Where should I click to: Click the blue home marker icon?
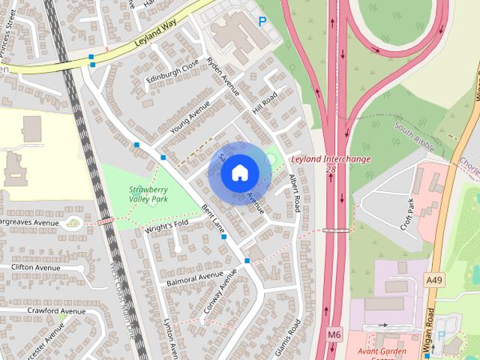238,172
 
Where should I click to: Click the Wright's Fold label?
167,224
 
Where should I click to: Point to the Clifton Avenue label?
35,267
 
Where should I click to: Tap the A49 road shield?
433,279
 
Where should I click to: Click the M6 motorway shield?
334,334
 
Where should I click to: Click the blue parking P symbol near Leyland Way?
262,22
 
